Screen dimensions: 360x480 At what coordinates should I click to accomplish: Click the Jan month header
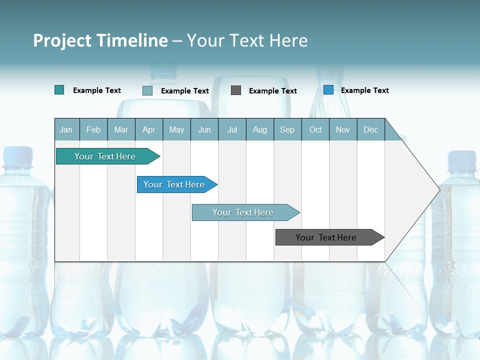[66, 129]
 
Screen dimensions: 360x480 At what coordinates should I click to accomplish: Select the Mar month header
[121, 129]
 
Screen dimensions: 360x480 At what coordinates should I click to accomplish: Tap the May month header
[176, 129]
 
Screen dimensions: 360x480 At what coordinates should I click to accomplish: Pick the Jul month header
[232, 129]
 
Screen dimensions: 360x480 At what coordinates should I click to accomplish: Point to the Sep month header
[287, 129]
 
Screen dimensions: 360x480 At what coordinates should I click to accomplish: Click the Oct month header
[315, 129]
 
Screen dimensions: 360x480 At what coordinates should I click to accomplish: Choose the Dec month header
[370, 129]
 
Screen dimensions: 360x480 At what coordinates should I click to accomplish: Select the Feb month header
[93, 129]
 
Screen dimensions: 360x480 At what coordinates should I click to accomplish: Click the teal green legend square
[59, 90]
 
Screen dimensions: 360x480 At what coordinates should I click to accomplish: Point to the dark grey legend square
[236, 90]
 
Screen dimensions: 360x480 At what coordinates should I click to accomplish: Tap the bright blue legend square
[328, 90]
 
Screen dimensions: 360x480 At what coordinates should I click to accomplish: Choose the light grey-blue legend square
[147, 90]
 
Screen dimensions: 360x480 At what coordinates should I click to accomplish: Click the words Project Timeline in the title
[100, 40]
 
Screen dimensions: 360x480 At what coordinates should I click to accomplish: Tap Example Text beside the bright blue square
[364, 90]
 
